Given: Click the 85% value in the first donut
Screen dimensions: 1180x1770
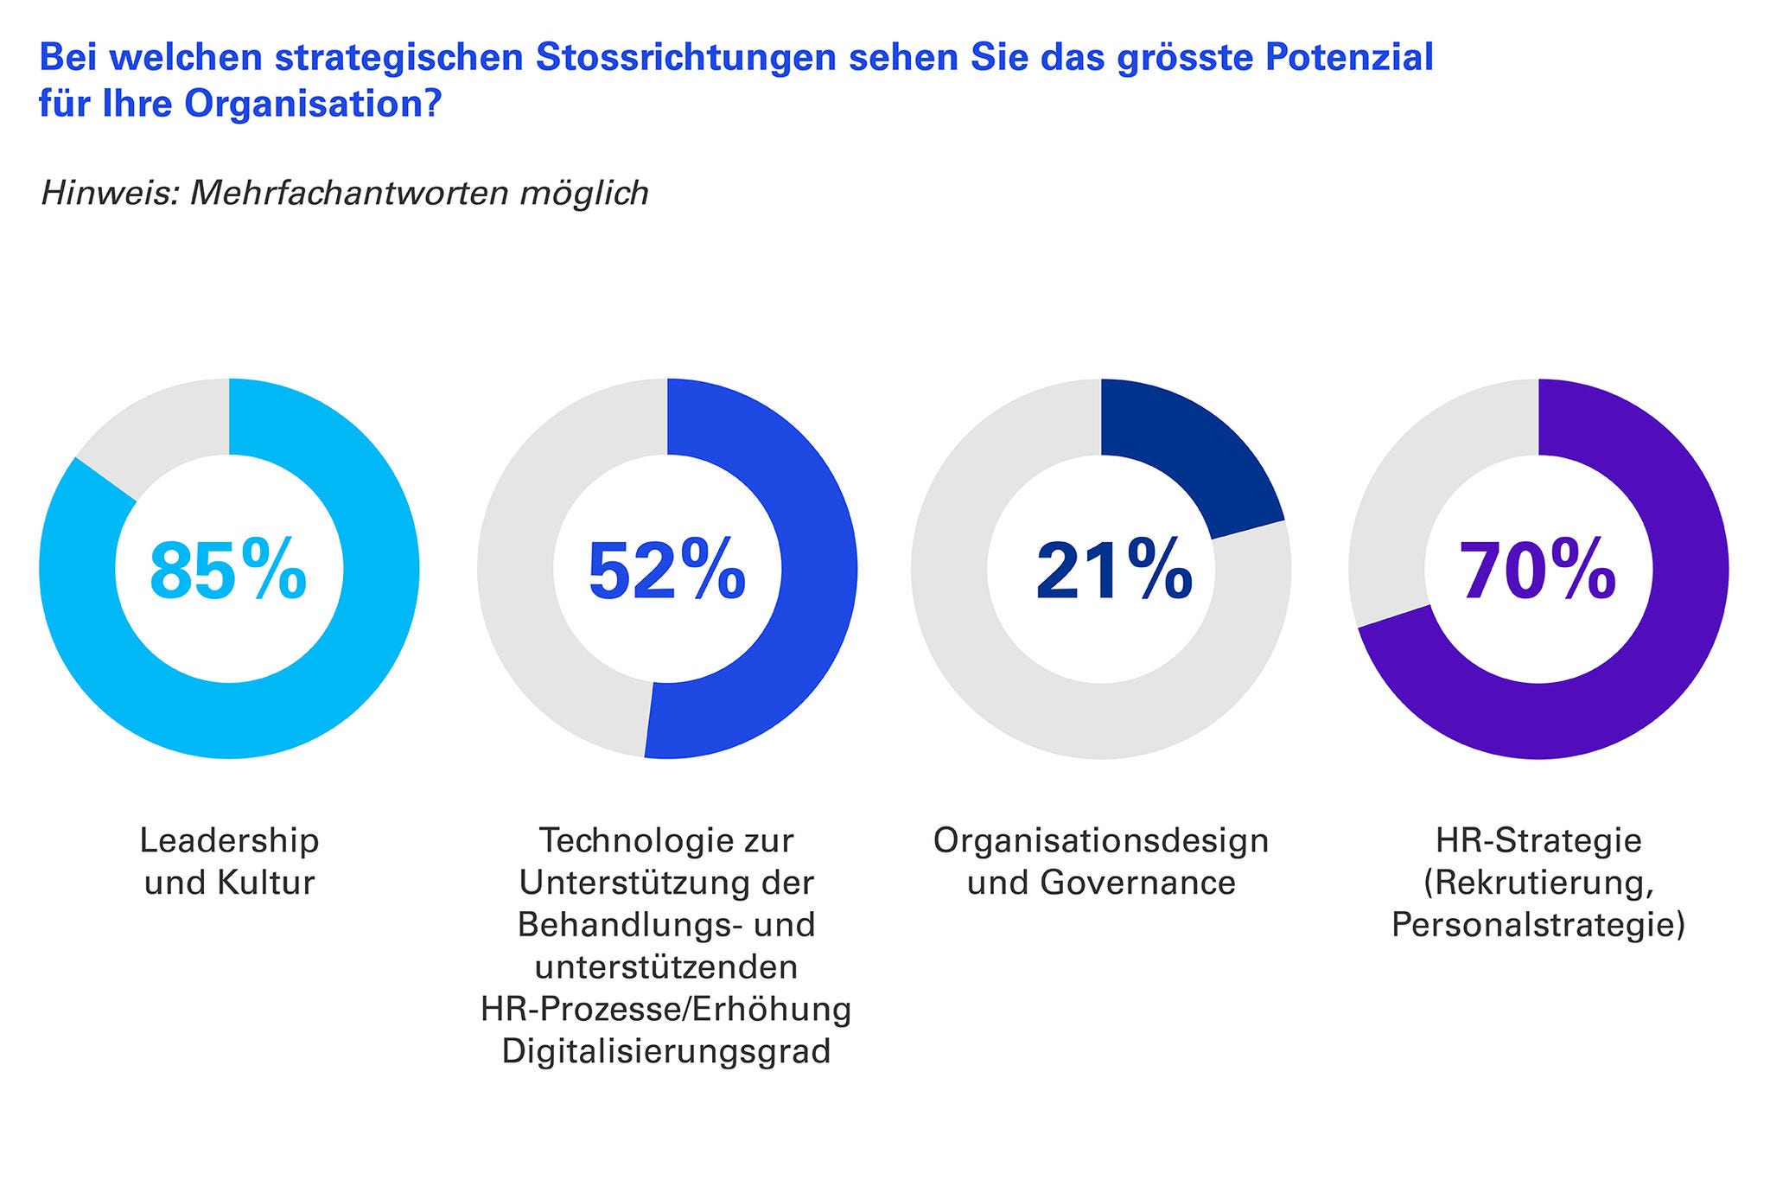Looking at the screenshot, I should pos(228,570).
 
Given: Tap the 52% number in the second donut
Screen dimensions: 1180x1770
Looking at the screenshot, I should pos(666,570).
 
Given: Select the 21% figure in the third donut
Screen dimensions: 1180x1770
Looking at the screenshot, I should pos(1114,570).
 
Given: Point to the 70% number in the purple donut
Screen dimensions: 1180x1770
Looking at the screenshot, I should pos(1538,570).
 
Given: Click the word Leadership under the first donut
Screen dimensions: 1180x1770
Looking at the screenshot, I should pos(229,840).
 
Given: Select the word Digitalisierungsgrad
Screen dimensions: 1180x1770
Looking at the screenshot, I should pos(666,1052).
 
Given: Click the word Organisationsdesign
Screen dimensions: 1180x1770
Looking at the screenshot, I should pos(1101,840).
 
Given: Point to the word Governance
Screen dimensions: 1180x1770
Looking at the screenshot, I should pos(1137,883).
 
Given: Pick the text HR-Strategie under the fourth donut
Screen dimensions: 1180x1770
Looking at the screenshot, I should pos(1538,840).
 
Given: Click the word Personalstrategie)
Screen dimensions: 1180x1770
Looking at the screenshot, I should pos(1538,925).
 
